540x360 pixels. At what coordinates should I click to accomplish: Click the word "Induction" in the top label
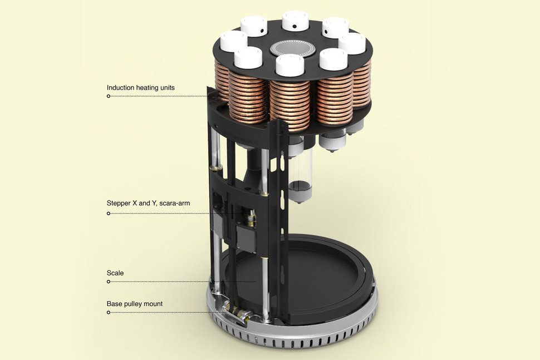[121, 87]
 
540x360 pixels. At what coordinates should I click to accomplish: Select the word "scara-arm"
[174, 203]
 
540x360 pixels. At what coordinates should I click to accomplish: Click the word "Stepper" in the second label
[119, 203]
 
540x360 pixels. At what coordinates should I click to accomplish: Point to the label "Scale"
[115, 273]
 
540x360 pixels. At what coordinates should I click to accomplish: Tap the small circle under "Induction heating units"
[109, 96]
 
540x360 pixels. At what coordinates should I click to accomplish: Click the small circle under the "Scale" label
[109, 282]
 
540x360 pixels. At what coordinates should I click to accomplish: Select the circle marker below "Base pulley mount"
[109, 312]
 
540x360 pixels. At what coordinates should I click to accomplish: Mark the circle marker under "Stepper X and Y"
[109, 212]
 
